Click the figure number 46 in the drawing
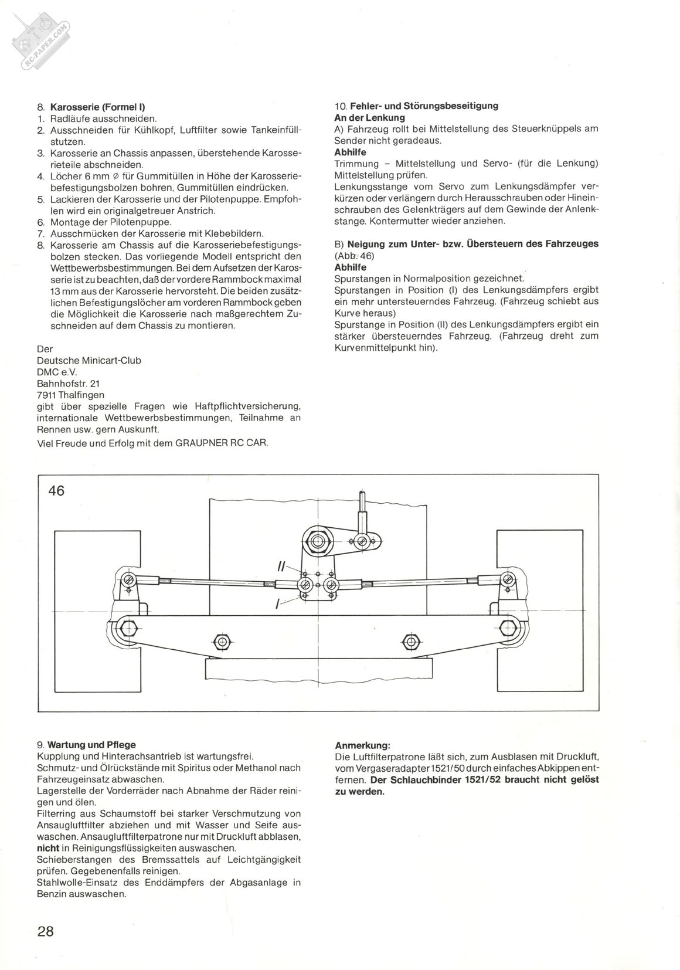point(57,490)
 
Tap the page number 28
point(46,931)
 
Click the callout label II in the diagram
point(281,567)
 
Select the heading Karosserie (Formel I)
point(98,107)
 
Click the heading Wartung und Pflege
point(91,745)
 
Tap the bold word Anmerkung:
point(362,745)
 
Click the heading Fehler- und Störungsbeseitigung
point(424,106)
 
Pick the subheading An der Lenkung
point(369,118)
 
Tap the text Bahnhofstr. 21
point(68,384)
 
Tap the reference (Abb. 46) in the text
point(354,256)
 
